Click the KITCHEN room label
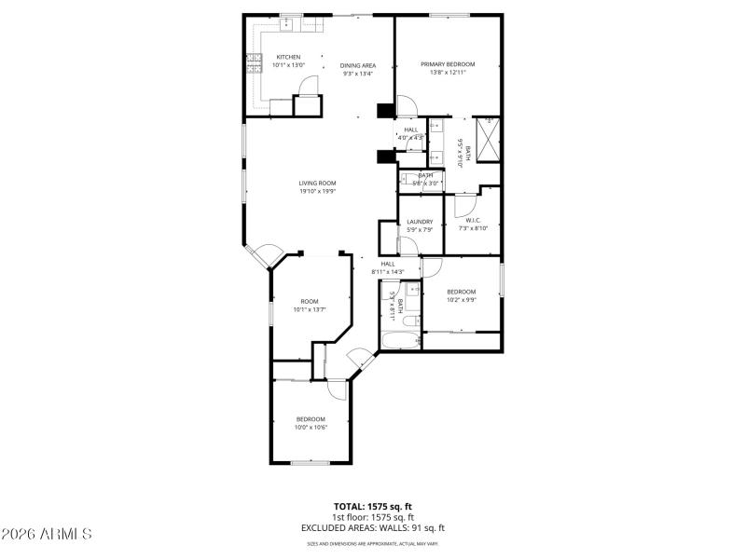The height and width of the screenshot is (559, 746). [x=288, y=57]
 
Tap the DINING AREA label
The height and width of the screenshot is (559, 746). [x=358, y=64]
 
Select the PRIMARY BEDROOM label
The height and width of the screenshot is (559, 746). [x=448, y=64]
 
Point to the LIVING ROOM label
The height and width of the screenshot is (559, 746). [x=317, y=183]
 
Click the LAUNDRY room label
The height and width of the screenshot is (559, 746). [x=420, y=222]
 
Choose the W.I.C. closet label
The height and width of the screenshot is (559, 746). [x=473, y=220]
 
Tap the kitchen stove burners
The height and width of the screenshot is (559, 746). [x=253, y=64]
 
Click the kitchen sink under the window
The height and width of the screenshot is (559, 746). [x=292, y=23]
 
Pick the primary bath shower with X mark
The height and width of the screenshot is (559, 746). [x=487, y=129]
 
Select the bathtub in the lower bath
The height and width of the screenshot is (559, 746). [x=399, y=340]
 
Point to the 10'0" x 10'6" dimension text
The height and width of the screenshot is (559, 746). [x=311, y=428]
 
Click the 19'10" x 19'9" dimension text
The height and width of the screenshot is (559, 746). [x=317, y=191]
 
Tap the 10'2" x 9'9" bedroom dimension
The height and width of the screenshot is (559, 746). [x=461, y=300]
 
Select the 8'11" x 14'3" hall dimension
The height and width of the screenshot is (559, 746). [x=388, y=272]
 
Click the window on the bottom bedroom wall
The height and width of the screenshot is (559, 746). [x=310, y=462]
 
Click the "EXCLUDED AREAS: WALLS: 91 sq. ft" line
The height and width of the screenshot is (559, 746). [x=373, y=527]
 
